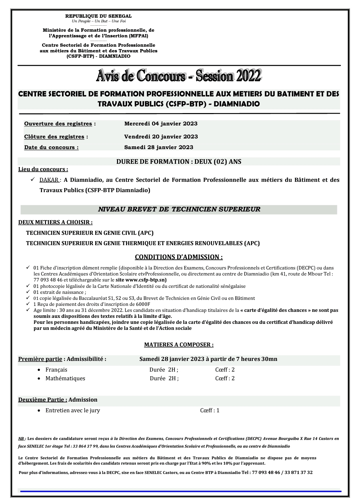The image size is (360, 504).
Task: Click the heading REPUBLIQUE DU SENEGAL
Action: click(x=98, y=16)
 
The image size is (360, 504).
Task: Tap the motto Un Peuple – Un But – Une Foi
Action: click(x=98, y=21)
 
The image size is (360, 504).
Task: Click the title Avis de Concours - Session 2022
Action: click(x=179, y=76)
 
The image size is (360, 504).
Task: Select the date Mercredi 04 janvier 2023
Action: click(x=161, y=124)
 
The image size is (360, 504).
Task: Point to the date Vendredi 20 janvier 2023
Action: click(x=161, y=137)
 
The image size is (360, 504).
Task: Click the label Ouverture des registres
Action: click(x=58, y=124)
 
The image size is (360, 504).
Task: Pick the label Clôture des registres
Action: click(x=54, y=137)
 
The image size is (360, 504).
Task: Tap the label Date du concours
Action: click(x=51, y=147)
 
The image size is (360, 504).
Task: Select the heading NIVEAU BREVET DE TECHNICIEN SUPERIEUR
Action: click(x=179, y=209)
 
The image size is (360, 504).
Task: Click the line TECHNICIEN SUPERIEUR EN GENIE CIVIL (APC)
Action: click(x=90, y=233)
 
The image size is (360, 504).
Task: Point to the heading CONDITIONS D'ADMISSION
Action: click(x=179, y=257)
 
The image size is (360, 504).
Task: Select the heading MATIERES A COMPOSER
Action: click(x=179, y=345)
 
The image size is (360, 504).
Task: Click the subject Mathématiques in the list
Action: click(x=65, y=378)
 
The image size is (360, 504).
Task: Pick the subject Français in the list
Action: click(x=56, y=370)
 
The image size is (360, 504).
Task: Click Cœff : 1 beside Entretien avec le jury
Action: click(x=210, y=410)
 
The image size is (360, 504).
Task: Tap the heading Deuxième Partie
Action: click(x=43, y=400)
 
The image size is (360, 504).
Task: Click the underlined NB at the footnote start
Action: click(x=21, y=439)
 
